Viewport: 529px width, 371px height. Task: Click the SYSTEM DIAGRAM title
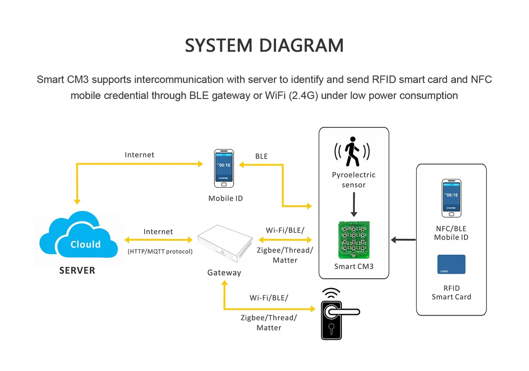pyautogui.click(x=264, y=45)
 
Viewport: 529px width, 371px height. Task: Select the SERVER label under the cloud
pyautogui.click(x=77, y=270)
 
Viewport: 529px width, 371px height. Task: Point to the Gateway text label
pyautogui.click(x=224, y=273)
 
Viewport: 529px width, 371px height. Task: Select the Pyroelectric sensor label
pyautogui.click(x=353, y=180)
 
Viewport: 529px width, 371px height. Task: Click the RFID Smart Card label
pyautogui.click(x=451, y=293)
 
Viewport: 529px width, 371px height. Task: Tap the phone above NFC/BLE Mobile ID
pyautogui.click(x=451, y=198)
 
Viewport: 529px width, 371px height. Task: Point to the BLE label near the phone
pyautogui.click(x=262, y=156)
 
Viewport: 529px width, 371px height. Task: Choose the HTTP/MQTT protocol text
pyautogui.click(x=160, y=251)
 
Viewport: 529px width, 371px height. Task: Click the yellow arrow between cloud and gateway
pyautogui.click(x=158, y=240)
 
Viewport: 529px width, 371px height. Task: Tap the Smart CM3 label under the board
pyautogui.click(x=353, y=266)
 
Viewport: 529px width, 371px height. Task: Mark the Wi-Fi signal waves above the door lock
pyautogui.click(x=331, y=293)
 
